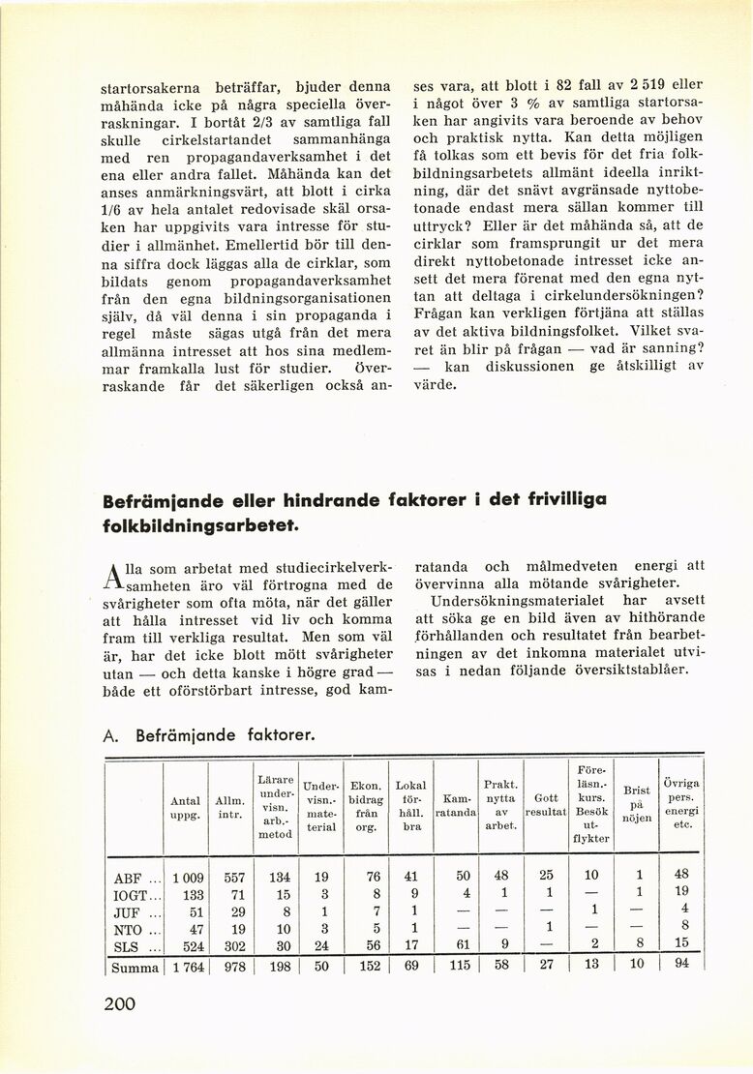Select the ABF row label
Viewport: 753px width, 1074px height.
tap(129, 878)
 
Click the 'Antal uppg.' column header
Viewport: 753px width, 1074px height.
tap(185, 808)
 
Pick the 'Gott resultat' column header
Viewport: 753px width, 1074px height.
tap(545, 805)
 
